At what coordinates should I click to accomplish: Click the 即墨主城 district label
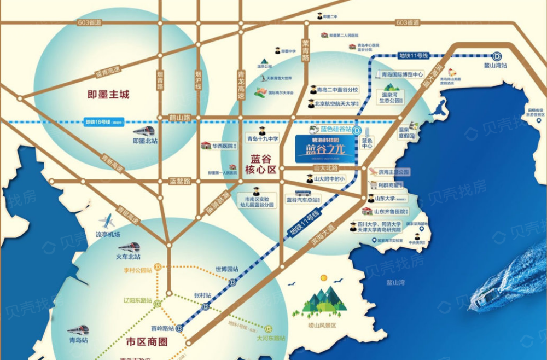tap(108, 95)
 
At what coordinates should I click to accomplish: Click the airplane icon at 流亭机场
tap(108, 222)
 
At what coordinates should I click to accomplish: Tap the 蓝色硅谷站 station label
tap(336, 130)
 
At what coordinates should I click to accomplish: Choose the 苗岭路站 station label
tap(164, 329)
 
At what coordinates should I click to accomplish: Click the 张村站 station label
tap(202, 295)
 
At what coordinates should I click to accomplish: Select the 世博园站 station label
tap(226, 269)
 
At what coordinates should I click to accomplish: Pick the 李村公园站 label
tap(136, 269)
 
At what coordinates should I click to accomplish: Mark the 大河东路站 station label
tap(270, 339)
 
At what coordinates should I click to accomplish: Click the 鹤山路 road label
tap(179, 118)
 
